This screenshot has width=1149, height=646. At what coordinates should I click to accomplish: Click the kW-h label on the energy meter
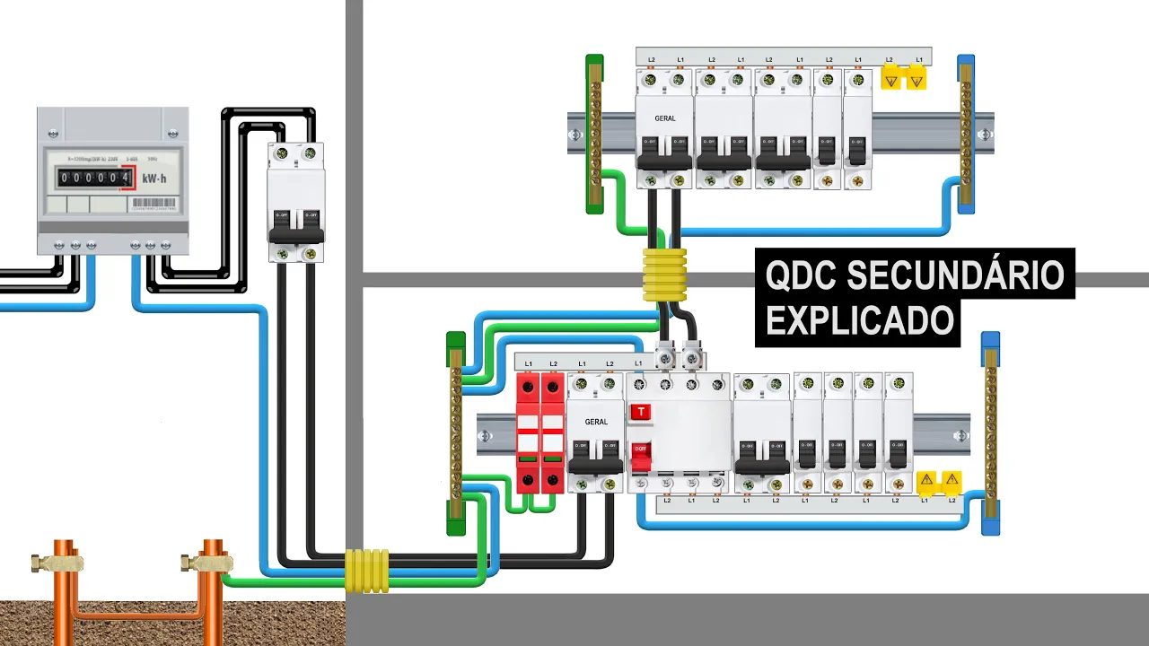[154, 179]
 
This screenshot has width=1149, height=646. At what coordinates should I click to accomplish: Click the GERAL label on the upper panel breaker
[664, 118]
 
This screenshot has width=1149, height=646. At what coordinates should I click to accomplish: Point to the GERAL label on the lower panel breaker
[596, 422]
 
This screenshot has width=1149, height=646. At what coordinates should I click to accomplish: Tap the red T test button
[641, 413]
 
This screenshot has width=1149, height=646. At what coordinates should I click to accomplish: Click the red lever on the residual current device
[640, 456]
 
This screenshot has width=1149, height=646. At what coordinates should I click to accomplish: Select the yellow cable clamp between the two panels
[664, 275]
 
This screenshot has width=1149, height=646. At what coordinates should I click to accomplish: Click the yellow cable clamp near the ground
[367, 571]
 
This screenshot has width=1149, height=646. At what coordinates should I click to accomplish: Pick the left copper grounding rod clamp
[57, 563]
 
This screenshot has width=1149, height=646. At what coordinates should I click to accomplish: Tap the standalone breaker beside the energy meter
[295, 202]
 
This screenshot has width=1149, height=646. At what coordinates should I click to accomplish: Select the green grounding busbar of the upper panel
[594, 135]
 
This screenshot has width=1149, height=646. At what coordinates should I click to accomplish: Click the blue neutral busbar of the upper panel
[966, 135]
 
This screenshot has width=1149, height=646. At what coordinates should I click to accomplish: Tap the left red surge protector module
[528, 432]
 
